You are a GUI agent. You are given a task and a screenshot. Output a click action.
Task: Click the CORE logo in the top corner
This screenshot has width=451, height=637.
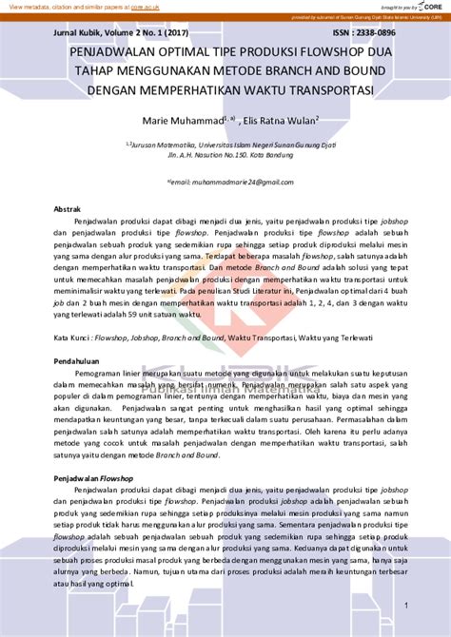pos(434,6)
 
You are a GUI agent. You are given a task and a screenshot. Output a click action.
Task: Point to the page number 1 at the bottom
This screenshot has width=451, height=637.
pos(406,605)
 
